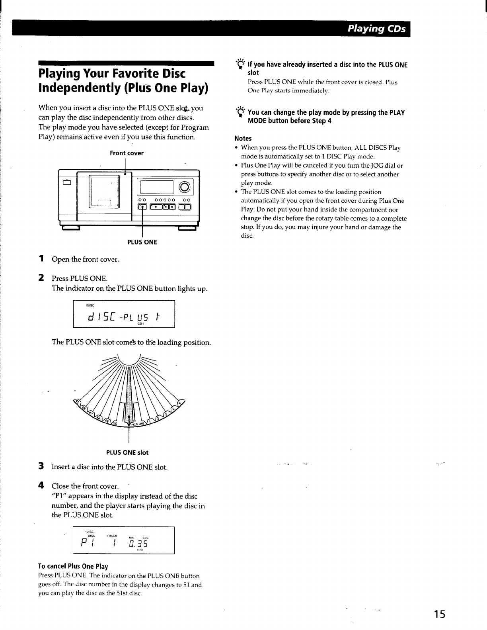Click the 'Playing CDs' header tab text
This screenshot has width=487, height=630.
[376, 29]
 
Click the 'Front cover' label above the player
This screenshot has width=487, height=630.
[127, 153]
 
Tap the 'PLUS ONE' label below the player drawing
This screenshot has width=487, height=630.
[142, 242]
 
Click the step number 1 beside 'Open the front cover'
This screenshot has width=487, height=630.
[41, 259]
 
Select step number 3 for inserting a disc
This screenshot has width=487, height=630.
[41, 466]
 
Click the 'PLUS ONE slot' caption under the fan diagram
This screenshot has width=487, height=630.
[127, 452]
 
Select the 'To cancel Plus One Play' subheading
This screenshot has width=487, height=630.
[73, 566]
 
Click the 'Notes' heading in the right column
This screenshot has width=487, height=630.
[243, 139]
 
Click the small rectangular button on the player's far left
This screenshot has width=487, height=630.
[66, 183]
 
